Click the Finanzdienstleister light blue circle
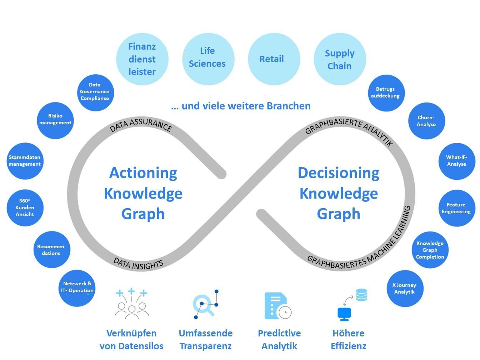click(142, 59)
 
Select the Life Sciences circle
click(207, 58)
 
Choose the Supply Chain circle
click(340, 59)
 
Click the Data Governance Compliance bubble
click(95, 92)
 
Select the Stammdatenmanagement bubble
click(25, 161)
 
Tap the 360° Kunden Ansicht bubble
click(25, 208)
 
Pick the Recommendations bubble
click(51, 250)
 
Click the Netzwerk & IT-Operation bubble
click(77, 287)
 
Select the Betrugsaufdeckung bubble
click(386, 93)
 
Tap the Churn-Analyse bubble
click(426, 121)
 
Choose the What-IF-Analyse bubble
click(456, 161)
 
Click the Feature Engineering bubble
click(456, 208)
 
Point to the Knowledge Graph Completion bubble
click(430, 250)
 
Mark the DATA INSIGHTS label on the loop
click(139, 264)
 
